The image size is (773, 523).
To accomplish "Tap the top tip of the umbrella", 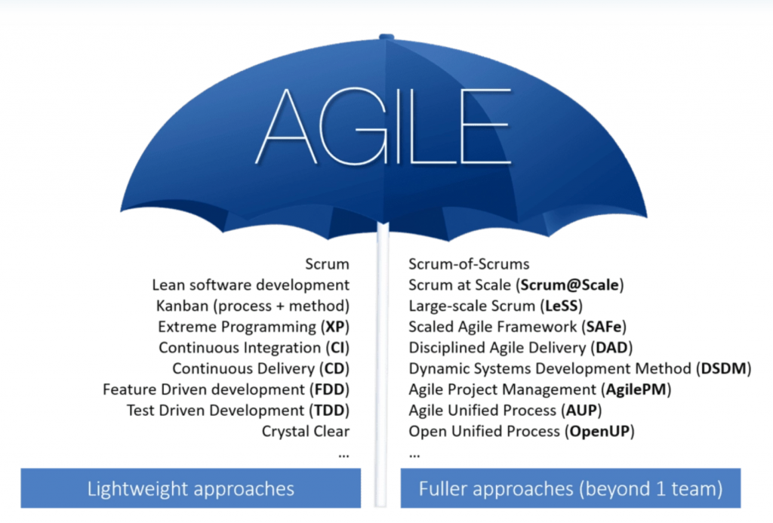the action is [386, 35].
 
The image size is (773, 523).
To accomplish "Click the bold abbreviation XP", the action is [334, 327].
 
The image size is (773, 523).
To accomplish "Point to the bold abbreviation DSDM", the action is [723, 369].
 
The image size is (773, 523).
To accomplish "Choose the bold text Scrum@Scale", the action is [569, 285].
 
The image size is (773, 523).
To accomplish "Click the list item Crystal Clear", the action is [306, 432].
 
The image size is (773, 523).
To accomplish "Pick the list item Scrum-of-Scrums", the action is [469, 264].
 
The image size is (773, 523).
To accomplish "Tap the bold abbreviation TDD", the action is [329, 411].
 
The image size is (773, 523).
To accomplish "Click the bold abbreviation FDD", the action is [329, 389].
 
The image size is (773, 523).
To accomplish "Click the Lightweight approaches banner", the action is [191, 488].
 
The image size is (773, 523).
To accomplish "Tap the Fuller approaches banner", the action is [571, 488].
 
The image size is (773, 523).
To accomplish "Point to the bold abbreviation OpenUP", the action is [599, 432].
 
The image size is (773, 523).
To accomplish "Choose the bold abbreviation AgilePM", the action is [636, 389].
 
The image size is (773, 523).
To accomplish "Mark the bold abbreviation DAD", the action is [611, 347].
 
